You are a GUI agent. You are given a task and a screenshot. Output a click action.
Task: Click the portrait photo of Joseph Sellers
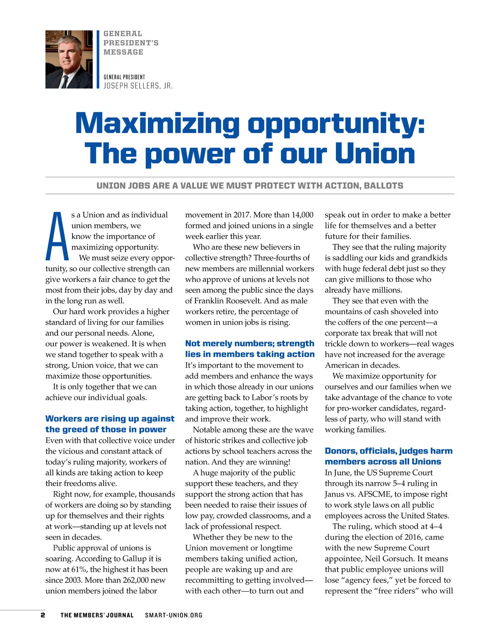(x=69, y=59)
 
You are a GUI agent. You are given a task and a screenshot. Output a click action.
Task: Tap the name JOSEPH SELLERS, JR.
(x=138, y=86)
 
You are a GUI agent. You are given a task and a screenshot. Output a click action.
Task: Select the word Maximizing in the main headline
(x=158, y=124)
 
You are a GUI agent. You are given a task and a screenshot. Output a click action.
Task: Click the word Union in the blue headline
(x=375, y=154)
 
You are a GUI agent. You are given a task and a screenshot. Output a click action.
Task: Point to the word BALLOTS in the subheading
(x=383, y=186)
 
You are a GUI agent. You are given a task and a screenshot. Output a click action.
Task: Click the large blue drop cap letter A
(x=57, y=236)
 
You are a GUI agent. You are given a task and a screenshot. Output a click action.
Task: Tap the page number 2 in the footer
(x=42, y=615)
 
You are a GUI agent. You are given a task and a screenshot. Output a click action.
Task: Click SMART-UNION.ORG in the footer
(x=174, y=615)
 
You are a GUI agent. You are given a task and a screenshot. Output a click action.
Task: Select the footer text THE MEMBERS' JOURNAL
(x=97, y=615)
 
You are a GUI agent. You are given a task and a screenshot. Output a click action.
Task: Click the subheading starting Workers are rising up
(x=110, y=424)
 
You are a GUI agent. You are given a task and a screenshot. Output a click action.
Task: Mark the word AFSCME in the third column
(x=375, y=494)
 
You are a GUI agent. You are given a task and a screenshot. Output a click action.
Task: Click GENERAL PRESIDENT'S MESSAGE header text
(x=131, y=43)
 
